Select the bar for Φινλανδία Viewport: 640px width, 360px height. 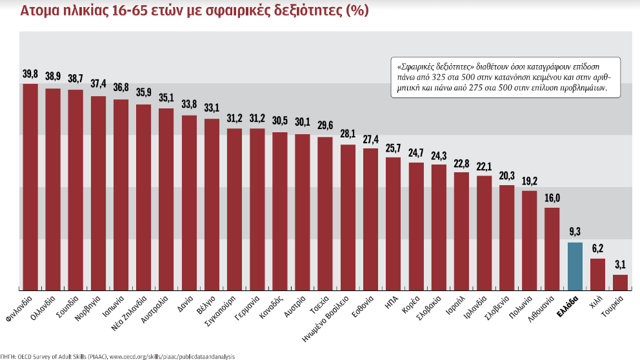click(30, 187)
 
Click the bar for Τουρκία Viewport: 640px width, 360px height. click(620, 282)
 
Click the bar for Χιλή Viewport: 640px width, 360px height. click(597, 274)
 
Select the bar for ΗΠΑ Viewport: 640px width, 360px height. click(393, 223)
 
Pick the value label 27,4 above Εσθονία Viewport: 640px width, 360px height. click(370, 139)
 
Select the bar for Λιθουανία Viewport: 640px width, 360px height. click(552, 248)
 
